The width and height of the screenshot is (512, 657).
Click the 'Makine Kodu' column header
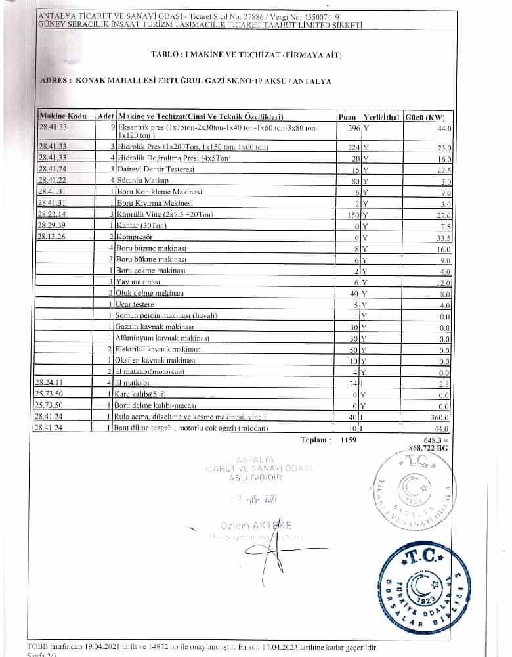pos(63,116)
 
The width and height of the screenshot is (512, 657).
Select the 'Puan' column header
pos(347,116)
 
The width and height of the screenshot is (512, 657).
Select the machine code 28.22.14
pos(53,214)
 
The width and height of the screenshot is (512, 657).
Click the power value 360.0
pos(440,417)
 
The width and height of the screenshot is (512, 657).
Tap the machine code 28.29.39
pos(53,225)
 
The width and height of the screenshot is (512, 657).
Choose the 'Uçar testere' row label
pos(136,304)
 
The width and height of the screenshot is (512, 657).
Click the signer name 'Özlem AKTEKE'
pos(256,524)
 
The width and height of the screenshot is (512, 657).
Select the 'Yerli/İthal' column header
pos(381,116)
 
